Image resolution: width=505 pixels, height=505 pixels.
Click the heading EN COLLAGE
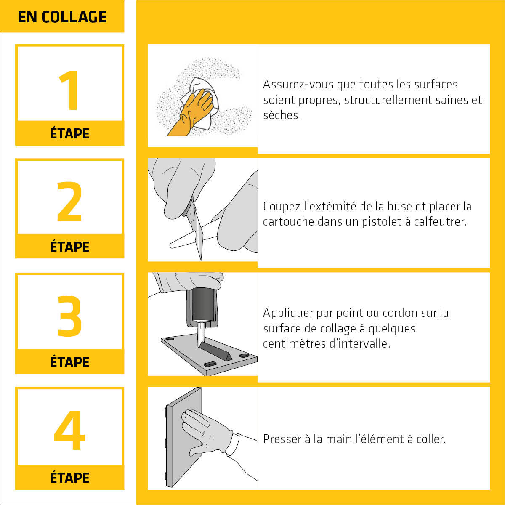pos(62,17)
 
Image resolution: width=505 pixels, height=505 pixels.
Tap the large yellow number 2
pos(69,202)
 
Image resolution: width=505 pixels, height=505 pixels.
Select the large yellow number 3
pos(69,316)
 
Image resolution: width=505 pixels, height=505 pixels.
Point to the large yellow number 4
pos(69,430)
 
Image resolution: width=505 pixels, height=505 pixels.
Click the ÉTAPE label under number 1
pos(69,133)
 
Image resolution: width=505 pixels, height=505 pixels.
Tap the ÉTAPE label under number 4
pos(69,478)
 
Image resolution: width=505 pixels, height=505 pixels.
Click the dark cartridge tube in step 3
pos(203,303)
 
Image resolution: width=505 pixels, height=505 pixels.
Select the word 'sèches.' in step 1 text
pos(282,115)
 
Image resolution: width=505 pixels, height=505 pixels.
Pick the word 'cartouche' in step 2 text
pos(288,222)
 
